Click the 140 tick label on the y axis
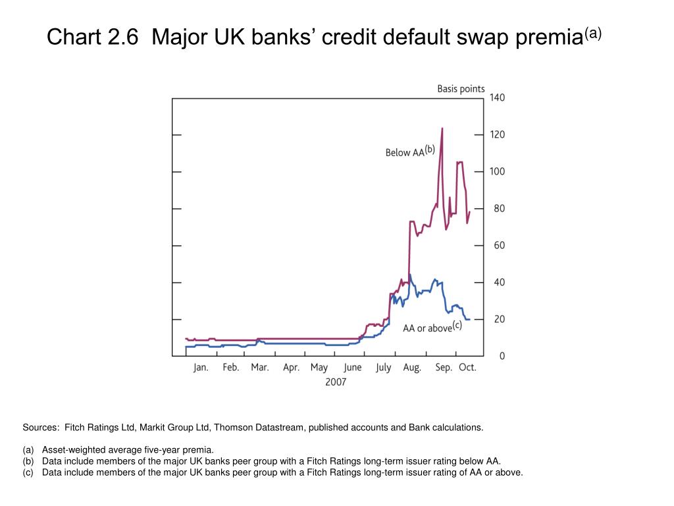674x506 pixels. (497, 98)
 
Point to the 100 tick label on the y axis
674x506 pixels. (497, 171)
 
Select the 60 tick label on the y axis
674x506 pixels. (497, 246)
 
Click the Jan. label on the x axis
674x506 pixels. (201, 368)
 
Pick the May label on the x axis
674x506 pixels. (319, 368)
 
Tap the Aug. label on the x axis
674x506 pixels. (413, 368)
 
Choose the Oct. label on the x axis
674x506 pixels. (467, 368)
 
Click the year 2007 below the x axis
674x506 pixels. (335, 382)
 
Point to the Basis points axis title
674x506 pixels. (461, 89)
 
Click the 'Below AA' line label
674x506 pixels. (405, 153)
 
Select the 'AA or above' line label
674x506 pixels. (427, 328)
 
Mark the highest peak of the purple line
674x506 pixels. (442, 128)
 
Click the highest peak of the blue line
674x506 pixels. (410, 275)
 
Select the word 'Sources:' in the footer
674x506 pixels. (41, 428)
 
